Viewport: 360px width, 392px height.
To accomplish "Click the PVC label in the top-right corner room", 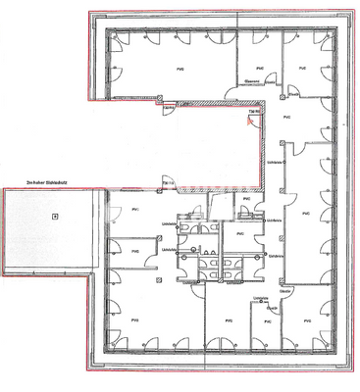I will pos(302,68).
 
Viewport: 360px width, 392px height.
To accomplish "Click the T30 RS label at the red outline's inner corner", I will pos(253,113).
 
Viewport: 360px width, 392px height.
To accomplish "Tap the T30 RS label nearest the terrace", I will pos(168,183).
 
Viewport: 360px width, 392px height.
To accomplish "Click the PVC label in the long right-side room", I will pos(305,211).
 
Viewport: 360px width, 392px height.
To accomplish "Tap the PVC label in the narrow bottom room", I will pos(266,319).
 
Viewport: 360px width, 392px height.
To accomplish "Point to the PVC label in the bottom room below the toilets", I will pos(228,319).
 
